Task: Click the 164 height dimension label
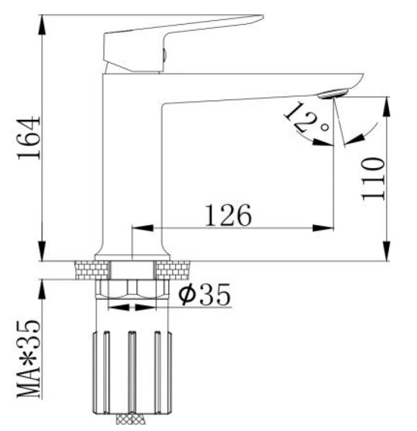(x=29, y=138)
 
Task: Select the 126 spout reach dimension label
(x=229, y=215)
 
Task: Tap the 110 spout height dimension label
(x=374, y=179)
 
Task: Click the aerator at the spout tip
(x=333, y=93)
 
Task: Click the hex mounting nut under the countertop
(x=132, y=289)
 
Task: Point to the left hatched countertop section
(x=92, y=270)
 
